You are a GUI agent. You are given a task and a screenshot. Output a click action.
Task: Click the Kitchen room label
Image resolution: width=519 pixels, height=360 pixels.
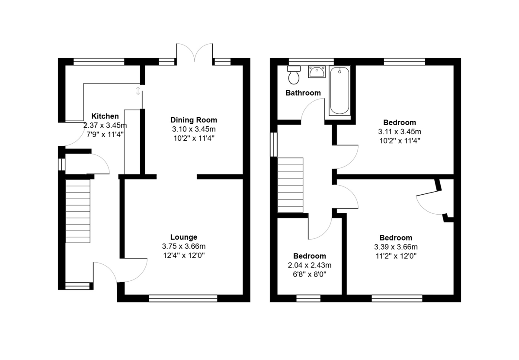(105, 116)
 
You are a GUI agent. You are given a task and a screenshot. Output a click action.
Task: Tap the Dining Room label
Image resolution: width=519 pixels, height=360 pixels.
(194, 120)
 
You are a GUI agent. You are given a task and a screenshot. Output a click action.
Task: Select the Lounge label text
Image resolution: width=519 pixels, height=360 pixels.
(184, 237)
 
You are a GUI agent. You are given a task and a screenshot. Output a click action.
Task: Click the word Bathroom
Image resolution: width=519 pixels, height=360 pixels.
(303, 93)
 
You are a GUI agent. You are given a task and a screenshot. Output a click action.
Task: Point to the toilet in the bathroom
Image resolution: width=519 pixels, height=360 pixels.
(294, 75)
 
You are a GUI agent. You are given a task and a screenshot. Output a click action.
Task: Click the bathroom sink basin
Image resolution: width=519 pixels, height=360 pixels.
(317, 71)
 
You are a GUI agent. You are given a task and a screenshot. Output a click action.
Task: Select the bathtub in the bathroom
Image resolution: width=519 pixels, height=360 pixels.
(340, 90)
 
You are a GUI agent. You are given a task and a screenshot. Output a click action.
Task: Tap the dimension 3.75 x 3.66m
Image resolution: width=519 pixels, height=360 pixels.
(184, 246)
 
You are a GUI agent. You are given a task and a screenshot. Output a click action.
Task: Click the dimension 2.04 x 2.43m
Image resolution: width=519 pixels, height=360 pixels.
(310, 265)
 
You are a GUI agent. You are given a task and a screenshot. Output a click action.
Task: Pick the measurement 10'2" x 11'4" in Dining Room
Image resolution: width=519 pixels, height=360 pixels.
(194, 138)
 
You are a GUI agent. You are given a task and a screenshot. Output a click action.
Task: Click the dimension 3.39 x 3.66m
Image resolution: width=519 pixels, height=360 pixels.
(396, 247)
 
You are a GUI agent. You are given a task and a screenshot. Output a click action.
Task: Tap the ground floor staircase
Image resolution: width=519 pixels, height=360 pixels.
(78, 211)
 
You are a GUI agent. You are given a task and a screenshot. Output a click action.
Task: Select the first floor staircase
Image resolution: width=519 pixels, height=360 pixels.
(290, 185)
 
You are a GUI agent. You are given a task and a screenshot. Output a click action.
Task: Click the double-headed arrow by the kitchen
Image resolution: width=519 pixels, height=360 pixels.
(138, 90)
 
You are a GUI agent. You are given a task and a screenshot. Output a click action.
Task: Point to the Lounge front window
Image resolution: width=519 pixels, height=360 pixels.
(183, 298)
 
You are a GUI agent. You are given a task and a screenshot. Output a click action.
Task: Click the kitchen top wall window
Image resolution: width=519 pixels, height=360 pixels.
(99, 62)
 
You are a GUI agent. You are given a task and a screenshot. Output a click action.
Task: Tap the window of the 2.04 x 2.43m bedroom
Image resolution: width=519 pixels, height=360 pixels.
(308, 298)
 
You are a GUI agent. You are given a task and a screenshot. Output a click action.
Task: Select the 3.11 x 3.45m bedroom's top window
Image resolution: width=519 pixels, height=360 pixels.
(404, 62)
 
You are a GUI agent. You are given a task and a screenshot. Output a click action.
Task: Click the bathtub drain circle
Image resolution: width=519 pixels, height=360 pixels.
(340, 72)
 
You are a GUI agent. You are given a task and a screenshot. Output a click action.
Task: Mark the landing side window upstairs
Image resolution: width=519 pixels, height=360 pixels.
(274, 145)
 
